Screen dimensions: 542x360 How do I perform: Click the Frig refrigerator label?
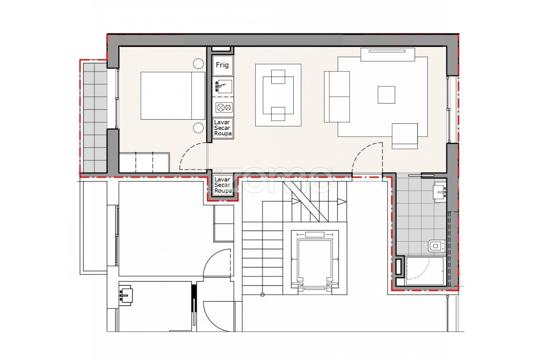(x=222, y=65)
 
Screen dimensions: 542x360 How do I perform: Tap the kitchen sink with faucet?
(x=223, y=86)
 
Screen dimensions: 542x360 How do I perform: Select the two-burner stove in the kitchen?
(x=224, y=107)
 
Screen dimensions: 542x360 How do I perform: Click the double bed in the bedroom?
(x=173, y=96)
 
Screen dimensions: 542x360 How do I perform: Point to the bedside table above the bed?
(x=199, y=64)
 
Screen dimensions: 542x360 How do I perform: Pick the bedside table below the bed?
(x=199, y=127)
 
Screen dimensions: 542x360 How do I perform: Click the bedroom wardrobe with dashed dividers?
(x=144, y=162)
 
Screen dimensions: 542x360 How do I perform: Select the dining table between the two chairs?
(x=278, y=95)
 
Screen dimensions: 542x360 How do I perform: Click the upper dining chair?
(x=278, y=77)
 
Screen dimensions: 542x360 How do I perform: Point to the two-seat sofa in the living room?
(x=337, y=97)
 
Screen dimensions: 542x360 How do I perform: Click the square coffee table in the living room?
(x=387, y=95)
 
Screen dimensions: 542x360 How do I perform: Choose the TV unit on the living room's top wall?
(x=388, y=55)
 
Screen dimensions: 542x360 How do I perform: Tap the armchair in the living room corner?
(x=405, y=136)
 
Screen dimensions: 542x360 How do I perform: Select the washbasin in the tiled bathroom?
(x=439, y=192)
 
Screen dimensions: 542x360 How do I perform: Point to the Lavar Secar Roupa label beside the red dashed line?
(x=223, y=185)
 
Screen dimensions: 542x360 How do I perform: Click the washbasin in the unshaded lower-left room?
(x=126, y=295)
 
